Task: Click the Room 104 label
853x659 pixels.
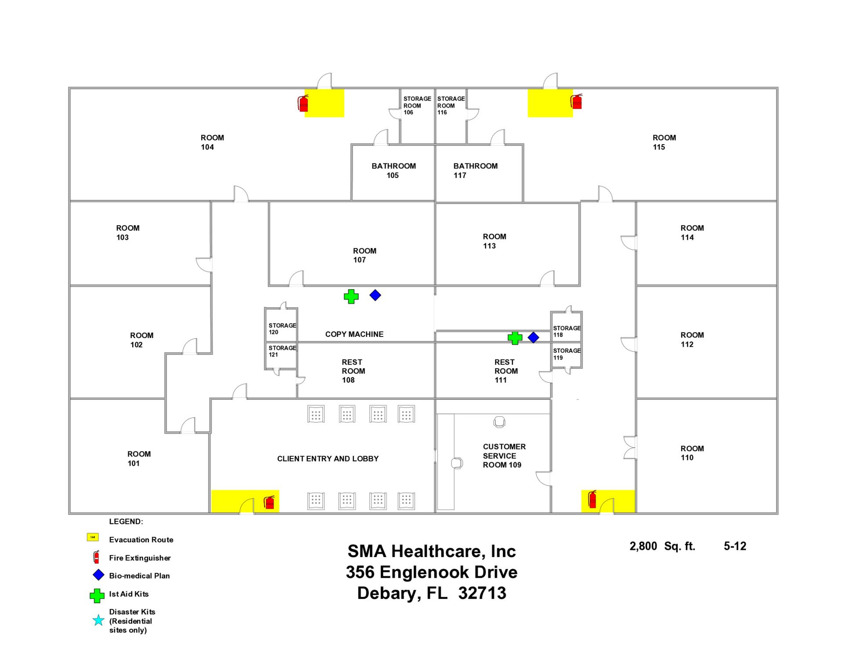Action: pyautogui.click(x=212, y=142)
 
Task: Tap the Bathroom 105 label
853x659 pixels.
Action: pyautogui.click(x=393, y=170)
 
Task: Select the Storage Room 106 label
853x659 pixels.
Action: pyautogui.click(x=417, y=105)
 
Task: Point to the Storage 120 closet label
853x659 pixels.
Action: pyautogui.click(x=282, y=329)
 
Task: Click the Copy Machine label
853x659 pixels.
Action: pyautogui.click(x=354, y=334)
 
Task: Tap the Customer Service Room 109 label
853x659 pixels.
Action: pyautogui.click(x=504, y=456)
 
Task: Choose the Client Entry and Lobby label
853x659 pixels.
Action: pyautogui.click(x=328, y=459)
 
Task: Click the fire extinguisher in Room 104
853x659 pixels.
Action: pyautogui.click(x=303, y=103)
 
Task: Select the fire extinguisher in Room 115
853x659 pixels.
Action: pyautogui.click(x=577, y=101)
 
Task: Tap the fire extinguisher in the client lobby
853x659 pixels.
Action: pyautogui.click(x=269, y=502)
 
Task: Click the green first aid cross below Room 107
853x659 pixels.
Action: pyautogui.click(x=351, y=297)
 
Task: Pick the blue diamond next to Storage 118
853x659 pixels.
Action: pyautogui.click(x=533, y=337)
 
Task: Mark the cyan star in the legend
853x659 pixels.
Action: pyautogui.click(x=98, y=620)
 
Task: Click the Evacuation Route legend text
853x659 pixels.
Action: pyautogui.click(x=141, y=540)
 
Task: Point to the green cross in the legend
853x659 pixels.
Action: pyautogui.click(x=97, y=595)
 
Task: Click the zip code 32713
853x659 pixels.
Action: pyautogui.click(x=482, y=594)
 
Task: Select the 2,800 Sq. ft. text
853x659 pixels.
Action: pyautogui.click(x=662, y=546)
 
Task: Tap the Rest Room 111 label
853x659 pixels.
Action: pyautogui.click(x=506, y=371)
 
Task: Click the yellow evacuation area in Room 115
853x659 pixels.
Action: pyautogui.click(x=549, y=103)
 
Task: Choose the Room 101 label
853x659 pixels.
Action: pyautogui.click(x=139, y=459)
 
